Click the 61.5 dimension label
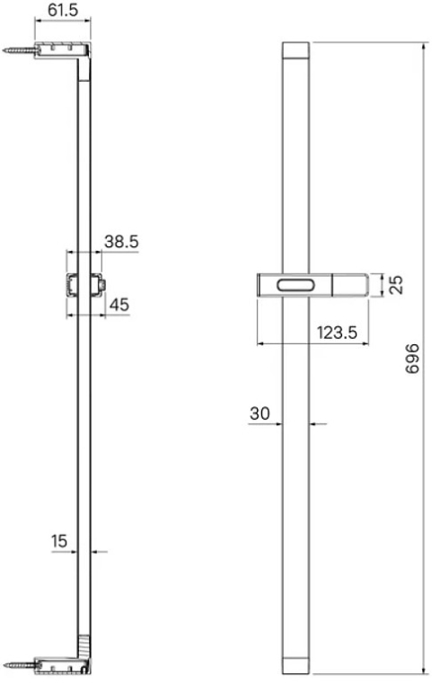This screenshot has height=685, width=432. (63, 10)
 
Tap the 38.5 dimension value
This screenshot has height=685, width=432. (121, 242)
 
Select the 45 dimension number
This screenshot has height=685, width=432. (119, 305)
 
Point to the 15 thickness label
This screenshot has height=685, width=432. (59, 541)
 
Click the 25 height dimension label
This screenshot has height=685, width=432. (396, 285)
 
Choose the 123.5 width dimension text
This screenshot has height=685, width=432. (337, 333)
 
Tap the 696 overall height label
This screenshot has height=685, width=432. (412, 358)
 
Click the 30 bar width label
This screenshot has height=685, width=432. (260, 413)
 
